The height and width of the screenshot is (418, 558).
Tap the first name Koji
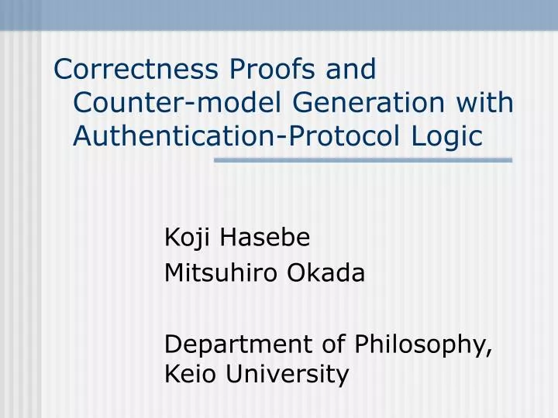coord(189,239)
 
